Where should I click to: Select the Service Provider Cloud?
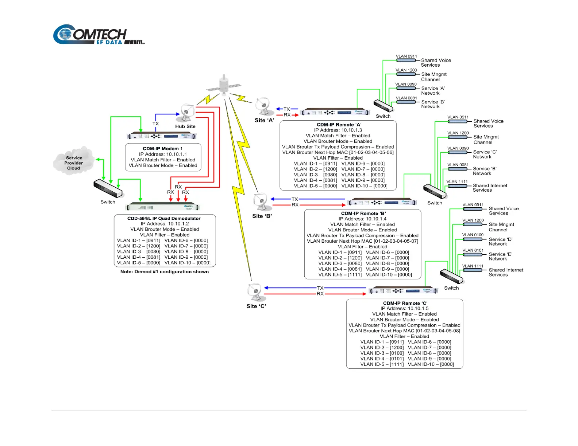click(x=74, y=163)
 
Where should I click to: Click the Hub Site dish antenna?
click(x=187, y=112)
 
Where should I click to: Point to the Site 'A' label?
click(x=264, y=120)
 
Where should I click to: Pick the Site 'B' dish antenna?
click(x=261, y=202)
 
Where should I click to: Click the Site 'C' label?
click(x=256, y=306)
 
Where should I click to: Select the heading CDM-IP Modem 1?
click(x=163, y=149)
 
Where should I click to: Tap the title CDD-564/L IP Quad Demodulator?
click(x=164, y=218)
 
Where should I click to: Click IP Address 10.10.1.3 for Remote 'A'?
click(x=338, y=130)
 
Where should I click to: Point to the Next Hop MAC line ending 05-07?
click(x=362, y=241)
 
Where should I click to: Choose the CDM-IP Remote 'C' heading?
click(x=405, y=303)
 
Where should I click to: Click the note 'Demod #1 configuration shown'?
click(x=165, y=272)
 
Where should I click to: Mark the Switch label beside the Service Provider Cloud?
click(x=108, y=202)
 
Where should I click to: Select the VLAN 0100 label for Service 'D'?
click(x=473, y=235)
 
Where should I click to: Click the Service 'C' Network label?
click(x=485, y=154)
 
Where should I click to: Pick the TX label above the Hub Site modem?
click(x=156, y=124)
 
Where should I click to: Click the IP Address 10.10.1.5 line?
click(x=404, y=309)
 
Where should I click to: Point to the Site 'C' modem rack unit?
click(x=403, y=291)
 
